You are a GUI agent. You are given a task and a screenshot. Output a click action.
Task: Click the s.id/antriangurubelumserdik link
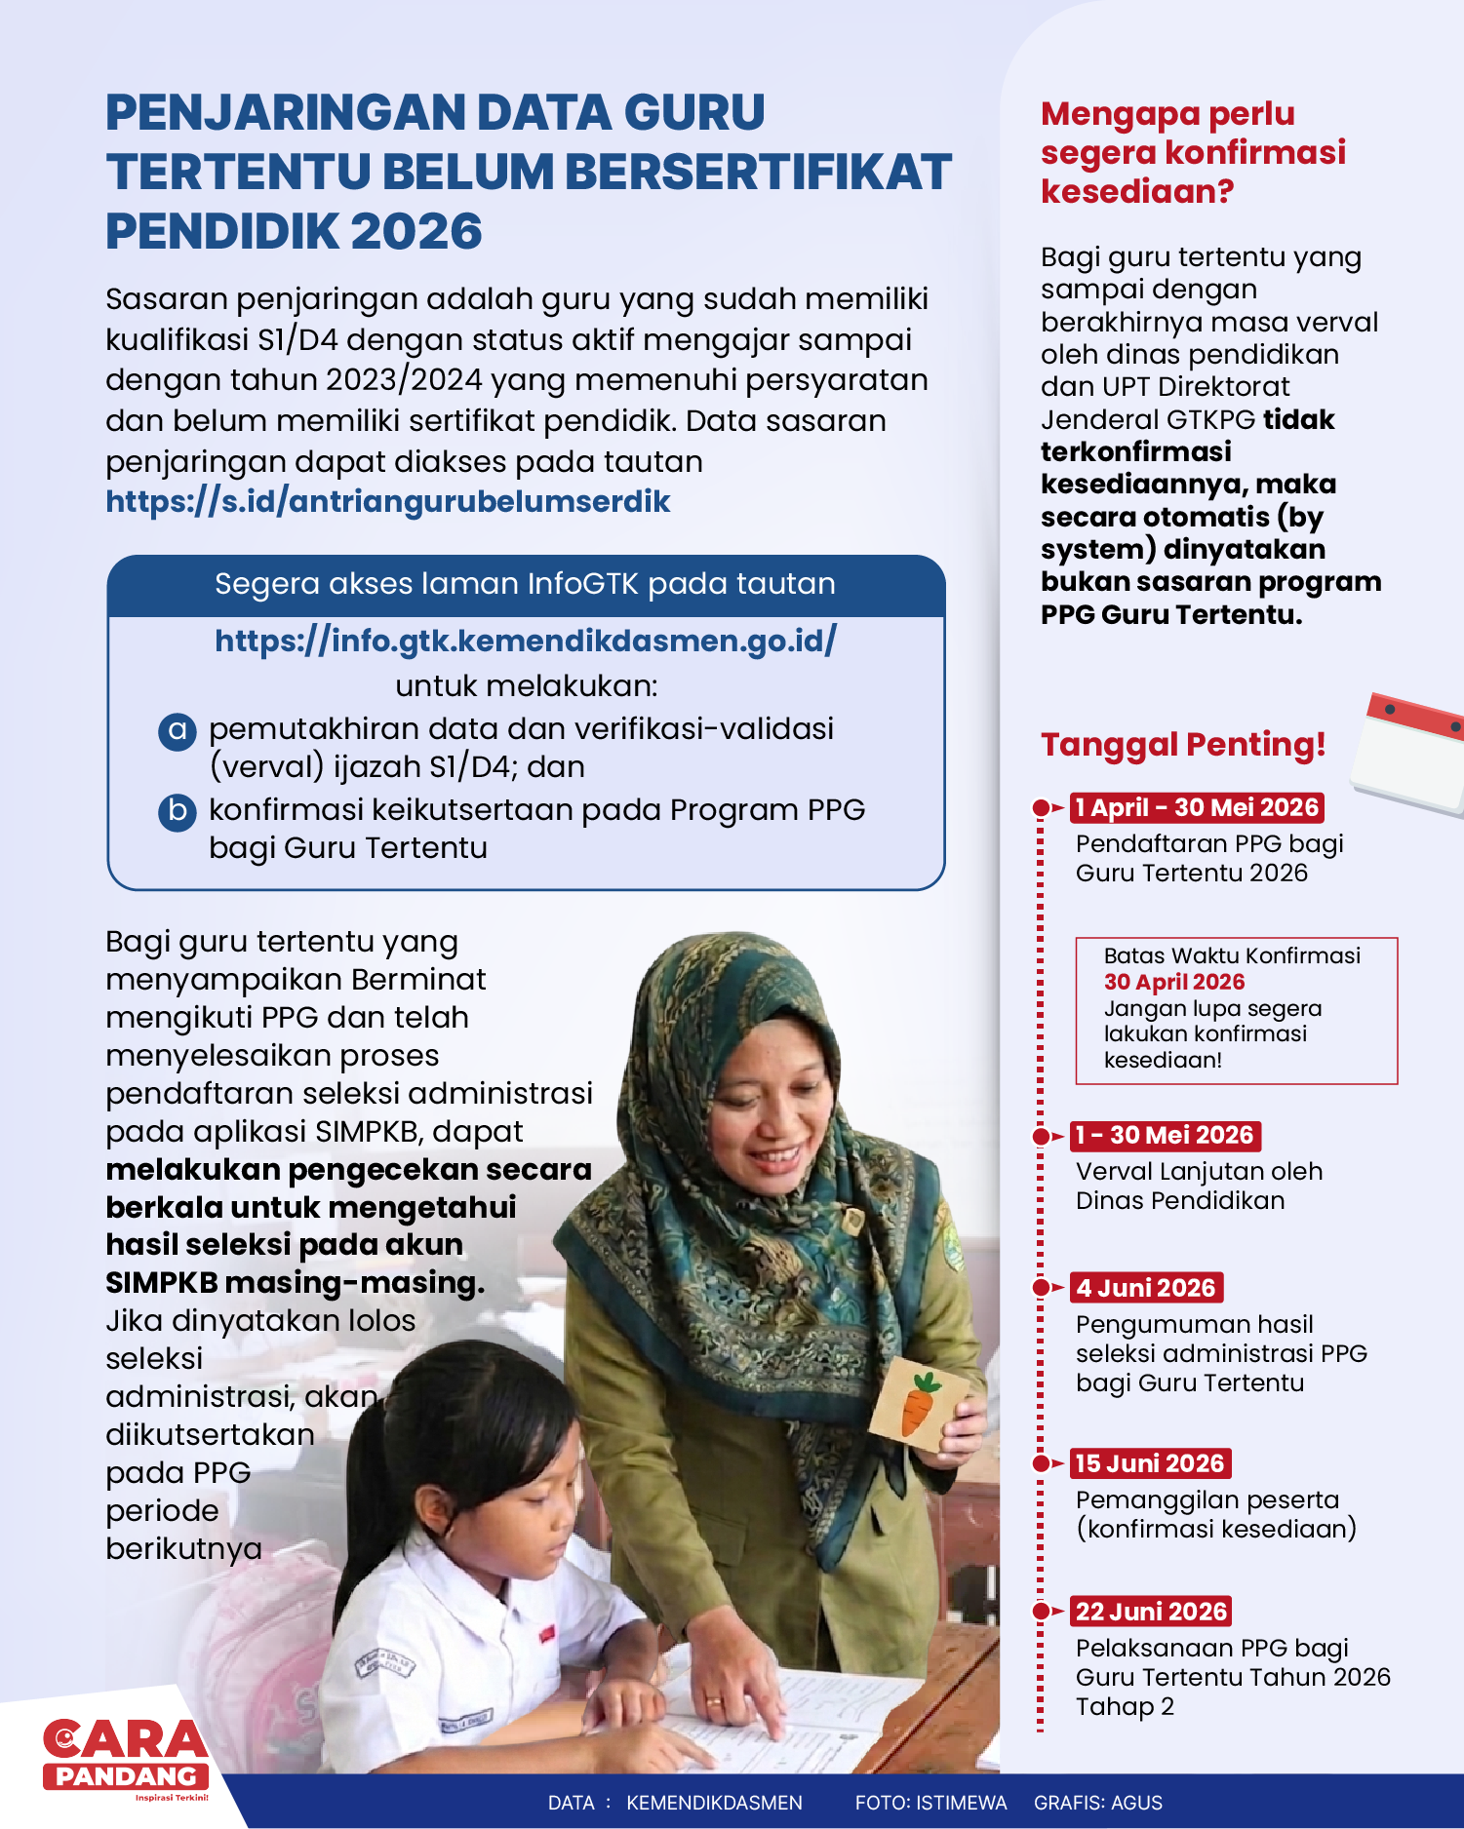pyautogui.click(x=387, y=501)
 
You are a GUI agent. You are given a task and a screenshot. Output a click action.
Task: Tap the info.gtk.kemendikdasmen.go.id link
pyautogui.click(x=525, y=641)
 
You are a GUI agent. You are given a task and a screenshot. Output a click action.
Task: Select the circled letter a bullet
pyautogui.click(x=178, y=730)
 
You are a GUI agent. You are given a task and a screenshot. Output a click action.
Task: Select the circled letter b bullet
pyautogui.click(x=178, y=811)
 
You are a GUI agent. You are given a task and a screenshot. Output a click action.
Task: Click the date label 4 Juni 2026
pyautogui.click(x=1146, y=1288)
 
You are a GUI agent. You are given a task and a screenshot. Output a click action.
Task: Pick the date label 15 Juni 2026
pyautogui.click(x=1150, y=1463)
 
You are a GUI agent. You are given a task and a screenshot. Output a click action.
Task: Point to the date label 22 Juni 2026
pyautogui.click(x=1151, y=1612)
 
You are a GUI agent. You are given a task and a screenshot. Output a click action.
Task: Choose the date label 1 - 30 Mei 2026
pyautogui.click(x=1165, y=1136)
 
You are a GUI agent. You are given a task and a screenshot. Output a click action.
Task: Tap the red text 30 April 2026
pyautogui.click(x=1174, y=982)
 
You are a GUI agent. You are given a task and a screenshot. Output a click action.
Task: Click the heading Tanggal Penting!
pyautogui.click(x=1183, y=745)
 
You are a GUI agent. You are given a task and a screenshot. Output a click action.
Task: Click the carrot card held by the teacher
pyautogui.click(x=917, y=1400)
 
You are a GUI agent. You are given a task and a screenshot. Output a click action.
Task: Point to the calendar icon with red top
pyautogui.click(x=1411, y=752)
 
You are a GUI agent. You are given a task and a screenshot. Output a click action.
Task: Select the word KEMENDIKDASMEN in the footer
pyautogui.click(x=714, y=1803)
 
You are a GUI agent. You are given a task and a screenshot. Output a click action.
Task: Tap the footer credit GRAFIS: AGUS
pyautogui.click(x=1098, y=1803)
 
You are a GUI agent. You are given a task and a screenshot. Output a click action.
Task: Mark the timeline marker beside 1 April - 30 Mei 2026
pyautogui.click(x=1042, y=808)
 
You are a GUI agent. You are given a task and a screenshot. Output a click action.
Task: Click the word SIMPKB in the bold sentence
pyautogui.click(x=161, y=1283)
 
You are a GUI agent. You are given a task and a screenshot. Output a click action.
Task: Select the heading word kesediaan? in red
pyautogui.click(x=1137, y=192)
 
